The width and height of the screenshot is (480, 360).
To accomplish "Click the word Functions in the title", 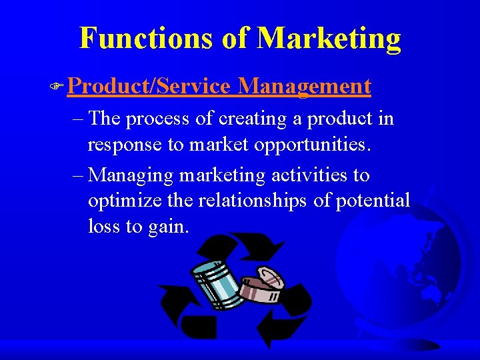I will [145, 38].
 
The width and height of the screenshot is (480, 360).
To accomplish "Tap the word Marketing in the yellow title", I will [329, 38].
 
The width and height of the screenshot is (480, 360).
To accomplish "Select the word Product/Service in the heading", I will [149, 87].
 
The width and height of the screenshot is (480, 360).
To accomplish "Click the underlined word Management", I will [304, 87].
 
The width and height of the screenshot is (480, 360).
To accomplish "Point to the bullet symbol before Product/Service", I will [59, 87].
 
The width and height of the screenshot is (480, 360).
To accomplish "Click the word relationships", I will [250, 201].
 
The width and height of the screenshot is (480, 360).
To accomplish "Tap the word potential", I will [372, 201].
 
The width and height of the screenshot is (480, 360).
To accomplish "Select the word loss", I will [103, 226].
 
